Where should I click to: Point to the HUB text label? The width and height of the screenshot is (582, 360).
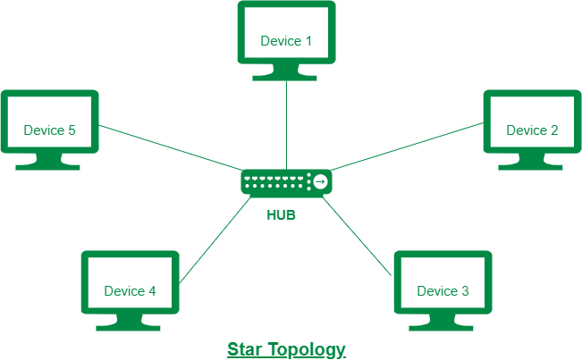point(281,215)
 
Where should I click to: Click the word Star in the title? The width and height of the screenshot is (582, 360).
point(244,348)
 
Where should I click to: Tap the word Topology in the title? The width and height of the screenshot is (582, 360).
point(306,349)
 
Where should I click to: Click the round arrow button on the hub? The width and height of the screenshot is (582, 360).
point(320,181)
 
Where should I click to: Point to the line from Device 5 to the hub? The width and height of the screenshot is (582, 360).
point(170,147)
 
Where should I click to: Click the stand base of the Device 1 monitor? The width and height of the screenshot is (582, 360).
point(286,75)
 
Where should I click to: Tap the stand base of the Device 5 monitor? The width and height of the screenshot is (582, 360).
point(49,164)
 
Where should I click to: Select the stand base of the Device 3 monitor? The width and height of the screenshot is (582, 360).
point(443,325)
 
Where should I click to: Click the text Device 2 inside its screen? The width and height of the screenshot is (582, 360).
point(532,130)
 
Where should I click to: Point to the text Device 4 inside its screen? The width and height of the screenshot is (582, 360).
point(130,291)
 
